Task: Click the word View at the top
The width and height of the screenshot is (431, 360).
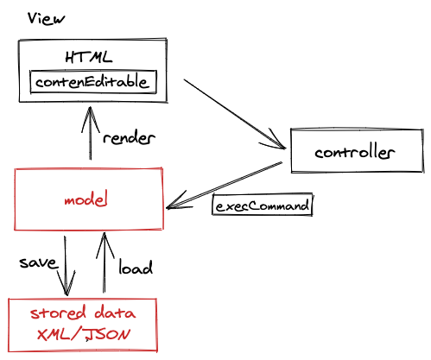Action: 46,19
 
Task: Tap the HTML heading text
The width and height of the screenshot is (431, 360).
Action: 89,57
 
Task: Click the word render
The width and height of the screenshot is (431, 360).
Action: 129,138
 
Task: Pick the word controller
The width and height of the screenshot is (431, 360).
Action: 354,152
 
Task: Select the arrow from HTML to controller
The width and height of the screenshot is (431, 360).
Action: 235,114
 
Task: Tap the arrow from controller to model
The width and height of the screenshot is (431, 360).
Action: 224,185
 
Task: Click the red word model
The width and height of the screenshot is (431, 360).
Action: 86,199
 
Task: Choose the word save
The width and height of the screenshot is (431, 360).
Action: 38,262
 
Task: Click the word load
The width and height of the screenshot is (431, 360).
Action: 136,267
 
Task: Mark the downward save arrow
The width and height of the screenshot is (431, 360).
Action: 66,266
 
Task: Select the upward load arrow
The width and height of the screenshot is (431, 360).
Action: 105,262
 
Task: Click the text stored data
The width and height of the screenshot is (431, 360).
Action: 83,313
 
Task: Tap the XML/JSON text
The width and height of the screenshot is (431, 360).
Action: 84,335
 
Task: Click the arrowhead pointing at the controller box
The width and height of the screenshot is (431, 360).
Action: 275,140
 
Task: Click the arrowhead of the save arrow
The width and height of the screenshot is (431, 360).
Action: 67,283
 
